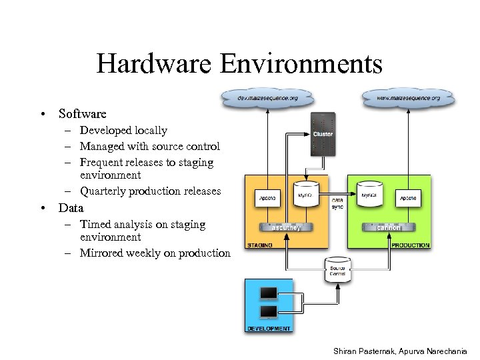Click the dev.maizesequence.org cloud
[x=267, y=98]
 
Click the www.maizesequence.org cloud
[x=409, y=98]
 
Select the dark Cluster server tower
[x=323, y=134]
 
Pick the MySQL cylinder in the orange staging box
[x=307, y=194]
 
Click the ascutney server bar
[x=287, y=227]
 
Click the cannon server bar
[x=389, y=227]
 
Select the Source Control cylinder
[x=337, y=269]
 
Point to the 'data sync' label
[x=337, y=203]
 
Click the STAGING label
[x=259, y=245]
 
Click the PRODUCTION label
[x=411, y=245]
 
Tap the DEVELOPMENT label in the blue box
[x=269, y=329]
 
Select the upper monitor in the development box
[x=269, y=293]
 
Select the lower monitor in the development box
[x=269, y=311]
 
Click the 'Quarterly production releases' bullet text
[x=150, y=191]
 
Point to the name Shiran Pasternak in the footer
[x=363, y=351]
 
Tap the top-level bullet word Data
[x=71, y=208]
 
